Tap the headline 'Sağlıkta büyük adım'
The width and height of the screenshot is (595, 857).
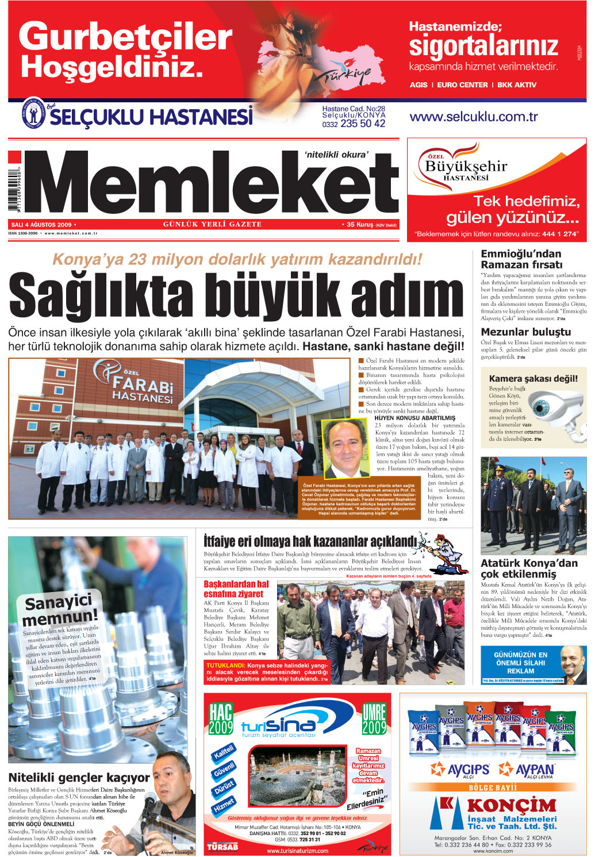pyautogui.click(x=236, y=297)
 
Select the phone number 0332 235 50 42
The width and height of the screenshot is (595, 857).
pyautogui.click(x=354, y=124)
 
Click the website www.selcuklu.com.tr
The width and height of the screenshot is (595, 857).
pyautogui.click(x=474, y=117)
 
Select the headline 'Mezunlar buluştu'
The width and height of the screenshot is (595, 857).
pyautogui.click(x=526, y=332)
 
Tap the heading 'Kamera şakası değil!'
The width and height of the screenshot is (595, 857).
pyautogui.click(x=533, y=378)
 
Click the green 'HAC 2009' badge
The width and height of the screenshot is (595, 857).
pyautogui.click(x=221, y=718)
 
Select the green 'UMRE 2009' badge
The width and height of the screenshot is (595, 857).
pyautogui.click(x=374, y=718)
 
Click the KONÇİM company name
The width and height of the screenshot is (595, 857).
pyautogui.click(x=511, y=805)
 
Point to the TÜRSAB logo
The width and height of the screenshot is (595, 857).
pyautogui.click(x=222, y=847)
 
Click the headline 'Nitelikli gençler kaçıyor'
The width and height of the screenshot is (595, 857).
pyautogui.click(x=79, y=778)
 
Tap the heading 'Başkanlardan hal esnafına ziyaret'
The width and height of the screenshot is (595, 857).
pyautogui.click(x=236, y=589)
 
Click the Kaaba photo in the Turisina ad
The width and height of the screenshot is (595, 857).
pyautogui.click(x=297, y=775)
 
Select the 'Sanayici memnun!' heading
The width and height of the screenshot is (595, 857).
pyautogui.click(x=60, y=610)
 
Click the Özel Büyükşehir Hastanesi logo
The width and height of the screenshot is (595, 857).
pyautogui.click(x=466, y=167)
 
